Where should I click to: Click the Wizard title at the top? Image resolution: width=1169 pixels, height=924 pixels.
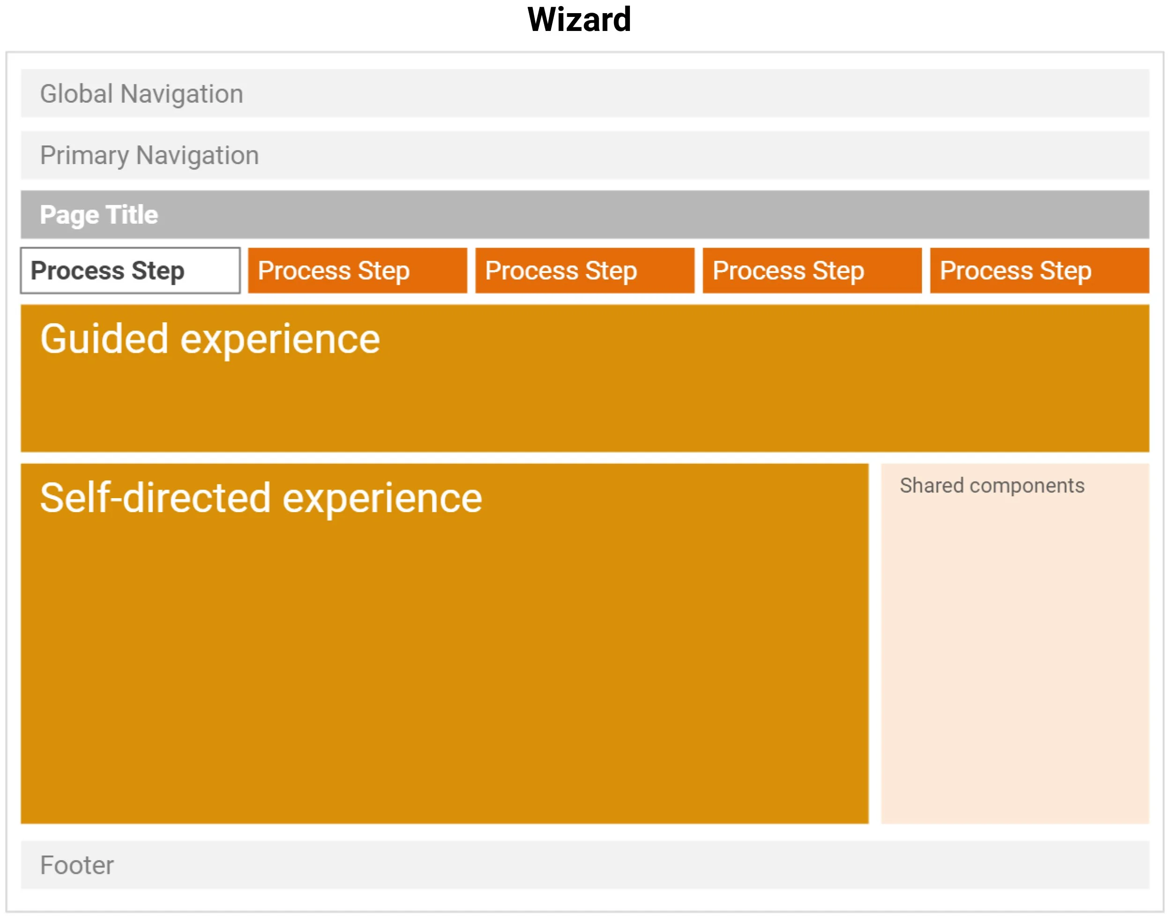tap(579, 20)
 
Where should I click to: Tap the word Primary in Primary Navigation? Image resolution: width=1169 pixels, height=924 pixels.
tap(84, 156)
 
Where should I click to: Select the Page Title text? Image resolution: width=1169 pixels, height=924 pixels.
tap(99, 215)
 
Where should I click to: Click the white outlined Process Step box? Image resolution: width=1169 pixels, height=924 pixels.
tap(130, 271)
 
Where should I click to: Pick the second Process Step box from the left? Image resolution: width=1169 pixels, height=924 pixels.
tap(358, 271)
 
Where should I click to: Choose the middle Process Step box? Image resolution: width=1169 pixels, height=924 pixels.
tap(584, 271)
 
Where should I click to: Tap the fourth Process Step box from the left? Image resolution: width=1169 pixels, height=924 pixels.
tap(812, 271)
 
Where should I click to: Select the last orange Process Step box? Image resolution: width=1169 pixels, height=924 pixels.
tap(1039, 271)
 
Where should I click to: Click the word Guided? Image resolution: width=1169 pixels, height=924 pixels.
tap(105, 339)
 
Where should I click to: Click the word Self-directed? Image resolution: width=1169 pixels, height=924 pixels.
tap(155, 498)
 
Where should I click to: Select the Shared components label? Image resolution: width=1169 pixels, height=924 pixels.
tap(992, 486)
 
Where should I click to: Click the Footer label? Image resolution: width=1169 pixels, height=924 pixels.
tap(77, 865)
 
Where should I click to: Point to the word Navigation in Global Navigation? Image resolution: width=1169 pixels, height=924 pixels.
tap(182, 94)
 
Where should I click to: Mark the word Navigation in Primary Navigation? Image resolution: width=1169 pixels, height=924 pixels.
tap(197, 156)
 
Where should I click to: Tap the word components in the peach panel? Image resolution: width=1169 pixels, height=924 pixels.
tap(1027, 486)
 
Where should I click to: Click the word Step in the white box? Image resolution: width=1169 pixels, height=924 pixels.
tap(158, 271)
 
